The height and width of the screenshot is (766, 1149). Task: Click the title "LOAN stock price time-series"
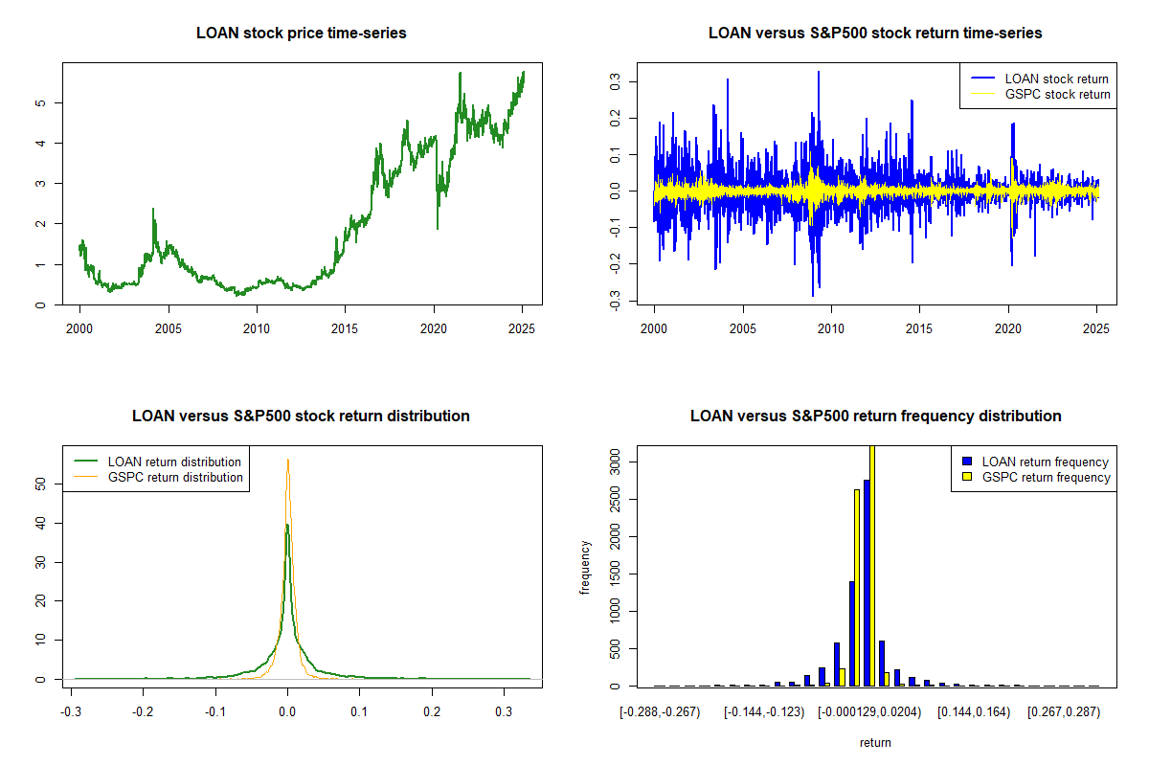pos(301,34)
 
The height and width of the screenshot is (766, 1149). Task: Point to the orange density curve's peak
pos(287,460)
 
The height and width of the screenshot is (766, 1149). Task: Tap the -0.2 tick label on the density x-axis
pos(143,713)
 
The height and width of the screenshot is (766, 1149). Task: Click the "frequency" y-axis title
pos(585,567)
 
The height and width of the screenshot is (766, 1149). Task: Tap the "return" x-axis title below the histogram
pos(875,742)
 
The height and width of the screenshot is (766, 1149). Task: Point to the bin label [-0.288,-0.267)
pos(660,713)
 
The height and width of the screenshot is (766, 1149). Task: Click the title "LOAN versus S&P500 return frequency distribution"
pos(875,417)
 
